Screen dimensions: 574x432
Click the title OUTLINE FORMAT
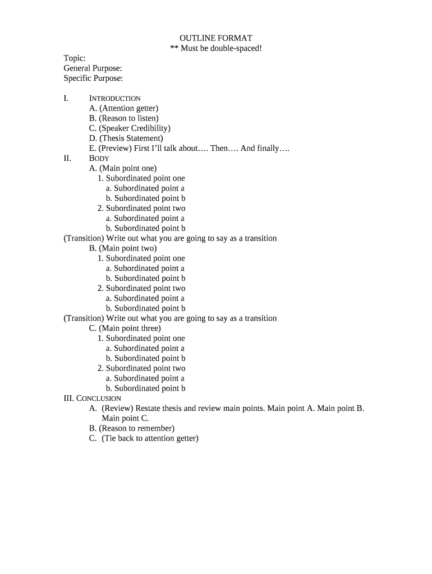[216, 38]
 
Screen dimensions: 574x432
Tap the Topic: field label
[75, 58]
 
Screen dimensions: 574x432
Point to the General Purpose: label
[93, 68]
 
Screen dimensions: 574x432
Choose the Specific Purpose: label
[93, 78]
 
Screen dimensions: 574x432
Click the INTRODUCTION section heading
[114, 99]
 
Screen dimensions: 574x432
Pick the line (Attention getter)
[123, 108]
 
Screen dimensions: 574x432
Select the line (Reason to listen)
[123, 118]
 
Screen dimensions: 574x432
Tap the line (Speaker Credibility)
[130, 128]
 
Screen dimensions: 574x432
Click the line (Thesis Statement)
[126, 138]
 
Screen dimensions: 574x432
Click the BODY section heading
[99, 159]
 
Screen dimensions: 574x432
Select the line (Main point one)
[123, 168]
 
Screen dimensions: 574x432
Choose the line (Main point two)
[123, 248]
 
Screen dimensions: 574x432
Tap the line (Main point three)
[125, 328]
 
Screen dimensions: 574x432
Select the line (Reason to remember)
[132, 428]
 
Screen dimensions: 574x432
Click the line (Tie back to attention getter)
[144, 438]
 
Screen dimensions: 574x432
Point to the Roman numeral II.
[67, 159]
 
